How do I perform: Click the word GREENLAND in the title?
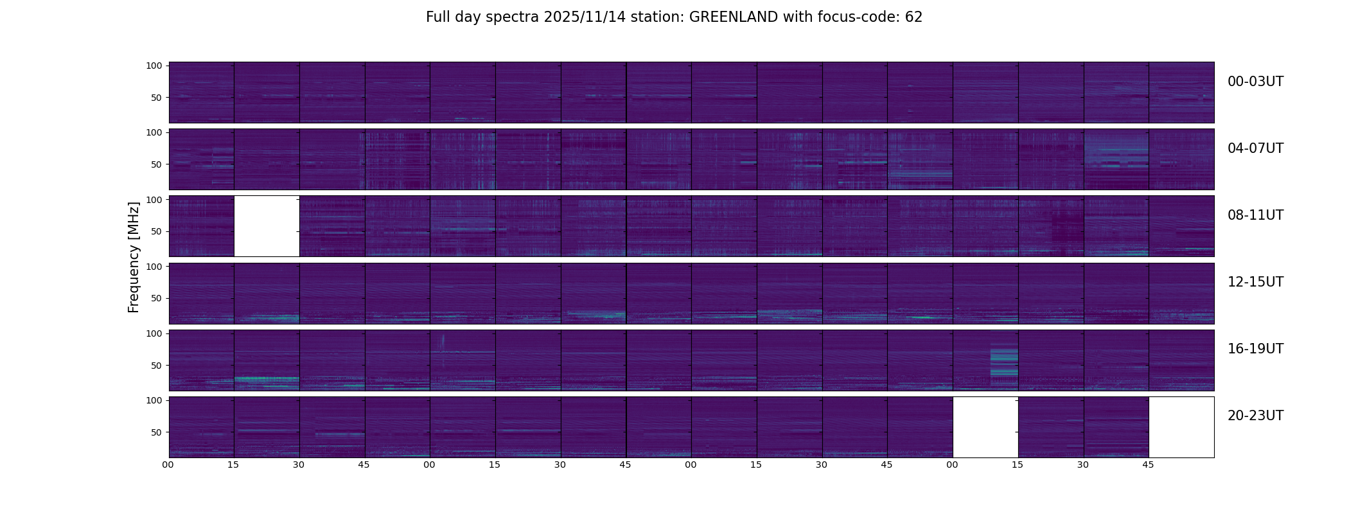click(x=733, y=17)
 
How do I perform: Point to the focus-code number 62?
click(x=913, y=17)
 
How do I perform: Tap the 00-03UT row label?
click(x=1255, y=82)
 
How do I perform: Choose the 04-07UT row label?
click(x=1255, y=148)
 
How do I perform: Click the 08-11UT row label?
click(x=1255, y=215)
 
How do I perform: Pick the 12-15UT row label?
click(x=1255, y=282)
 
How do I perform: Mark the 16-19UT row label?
click(x=1255, y=349)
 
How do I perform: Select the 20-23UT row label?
click(x=1255, y=416)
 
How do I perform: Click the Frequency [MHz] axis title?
click(x=134, y=257)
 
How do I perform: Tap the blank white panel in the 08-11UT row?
click(x=267, y=226)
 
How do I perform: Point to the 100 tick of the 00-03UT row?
click(x=154, y=66)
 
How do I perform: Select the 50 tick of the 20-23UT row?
click(x=157, y=432)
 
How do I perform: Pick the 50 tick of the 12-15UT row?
click(x=157, y=298)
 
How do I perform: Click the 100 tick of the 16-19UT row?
click(x=154, y=333)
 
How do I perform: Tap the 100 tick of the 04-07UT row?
click(x=154, y=132)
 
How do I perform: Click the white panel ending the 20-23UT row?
click(x=1181, y=427)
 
